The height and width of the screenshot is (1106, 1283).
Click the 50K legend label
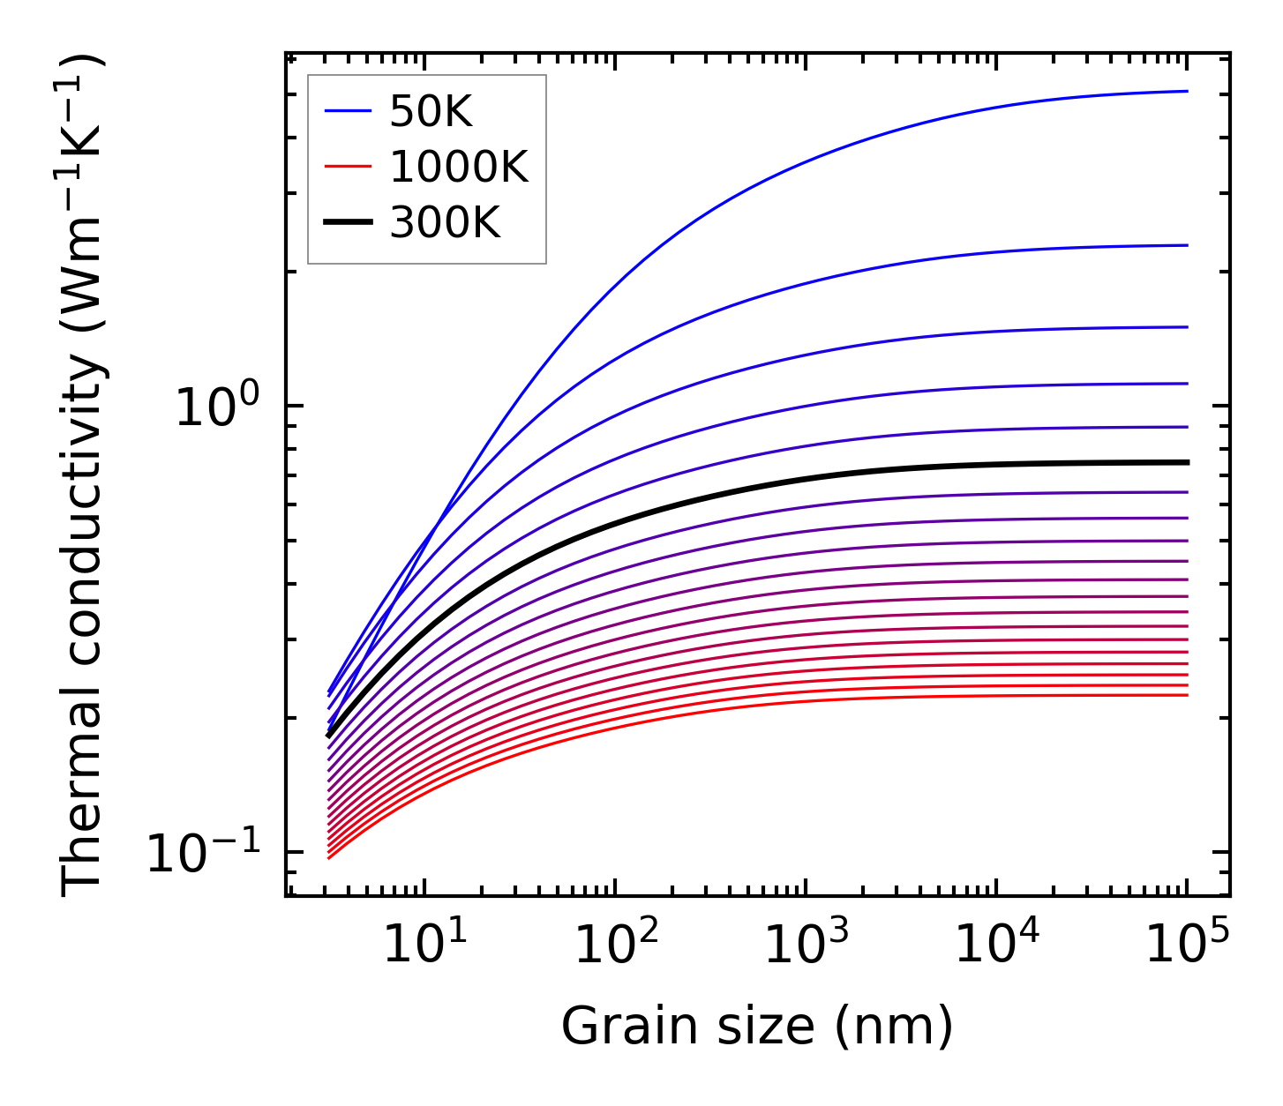[x=431, y=112]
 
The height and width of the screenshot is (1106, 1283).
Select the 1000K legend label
[x=459, y=168]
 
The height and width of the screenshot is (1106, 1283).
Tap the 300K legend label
[x=445, y=223]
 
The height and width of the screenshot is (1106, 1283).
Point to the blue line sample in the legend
[x=348, y=111]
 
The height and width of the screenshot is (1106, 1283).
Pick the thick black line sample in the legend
[x=348, y=223]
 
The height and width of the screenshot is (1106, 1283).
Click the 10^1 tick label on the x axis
[x=424, y=945]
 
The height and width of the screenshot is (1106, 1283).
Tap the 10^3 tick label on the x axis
[x=806, y=945]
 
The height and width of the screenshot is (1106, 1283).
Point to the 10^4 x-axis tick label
[x=996, y=945]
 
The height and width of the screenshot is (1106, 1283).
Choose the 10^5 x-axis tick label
[x=1187, y=945]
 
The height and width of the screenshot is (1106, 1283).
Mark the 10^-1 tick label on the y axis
[x=204, y=853]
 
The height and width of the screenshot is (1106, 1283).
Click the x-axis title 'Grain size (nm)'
[x=757, y=1028]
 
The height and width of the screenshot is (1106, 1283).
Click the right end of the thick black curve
[x=1187, y=462]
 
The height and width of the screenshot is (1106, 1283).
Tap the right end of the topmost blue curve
[x=1187, y=91]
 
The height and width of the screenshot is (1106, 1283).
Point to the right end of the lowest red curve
[x=1187, y=695]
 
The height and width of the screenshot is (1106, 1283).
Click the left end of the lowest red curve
[x=329, y=857]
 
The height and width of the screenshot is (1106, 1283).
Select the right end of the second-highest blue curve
[x=1187, y=245]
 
